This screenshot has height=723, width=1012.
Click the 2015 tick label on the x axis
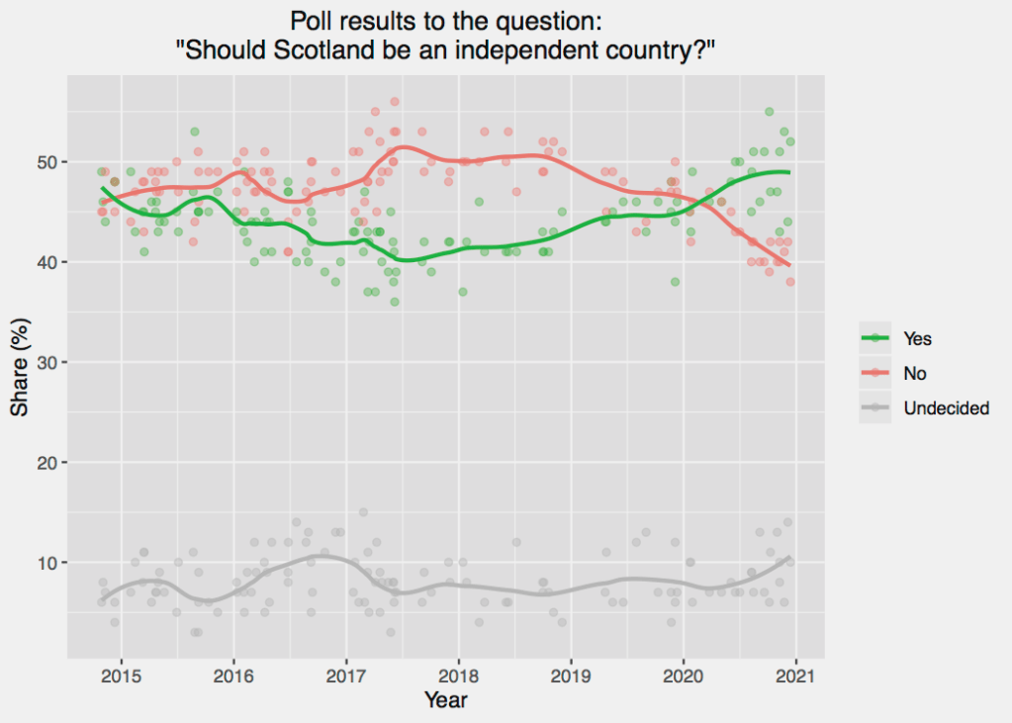[121, 676]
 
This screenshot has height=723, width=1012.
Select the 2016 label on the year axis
[233, 676]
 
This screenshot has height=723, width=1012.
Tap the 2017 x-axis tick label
[346, 676]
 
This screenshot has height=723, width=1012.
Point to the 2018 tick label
[459, 676]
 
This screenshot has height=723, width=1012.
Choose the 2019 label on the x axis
[571, 676]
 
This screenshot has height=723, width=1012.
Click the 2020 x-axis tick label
[684, 676]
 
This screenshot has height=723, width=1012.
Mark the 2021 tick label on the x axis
[796, 676]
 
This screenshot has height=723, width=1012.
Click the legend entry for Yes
[917, 338]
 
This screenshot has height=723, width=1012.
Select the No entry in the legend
[914, 373]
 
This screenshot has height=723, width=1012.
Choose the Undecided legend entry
[946, 407]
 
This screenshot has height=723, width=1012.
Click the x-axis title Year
[445, 700]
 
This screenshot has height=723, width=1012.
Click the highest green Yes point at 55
[769, 112]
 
